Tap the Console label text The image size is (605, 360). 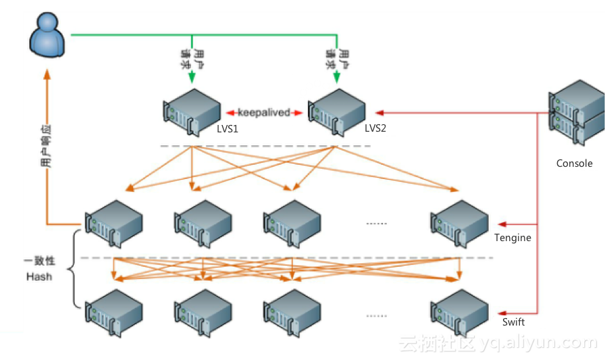pos(574,163)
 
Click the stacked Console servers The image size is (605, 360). pos(575,111)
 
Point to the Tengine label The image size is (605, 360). pos(512,238)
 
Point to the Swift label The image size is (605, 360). pos(513,322)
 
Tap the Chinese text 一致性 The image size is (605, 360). pos(39,261)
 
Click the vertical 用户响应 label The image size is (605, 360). pos(45,145)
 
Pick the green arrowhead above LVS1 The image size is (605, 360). pos(192,78)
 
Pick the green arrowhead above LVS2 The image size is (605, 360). pos(336,78)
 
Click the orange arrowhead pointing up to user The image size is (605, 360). pos(47,74)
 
